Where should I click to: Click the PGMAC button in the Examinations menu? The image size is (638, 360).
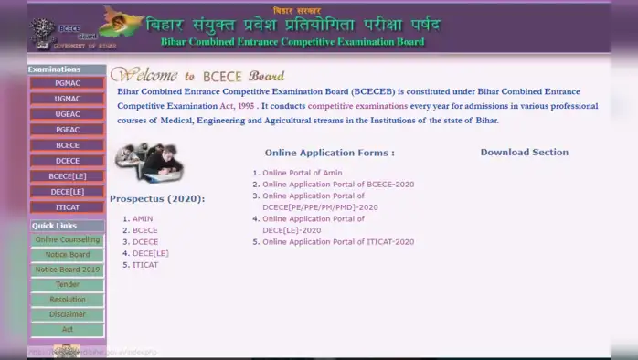click(67, 83)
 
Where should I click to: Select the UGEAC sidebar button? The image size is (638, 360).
click(67, 114)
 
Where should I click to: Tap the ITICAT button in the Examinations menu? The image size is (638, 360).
click(67, 207)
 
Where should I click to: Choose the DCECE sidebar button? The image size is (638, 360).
click(67, 161)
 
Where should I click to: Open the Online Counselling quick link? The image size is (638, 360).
click(67, 239)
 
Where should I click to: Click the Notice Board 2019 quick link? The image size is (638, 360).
click(67, 270)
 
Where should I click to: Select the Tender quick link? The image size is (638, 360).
click(67, 284)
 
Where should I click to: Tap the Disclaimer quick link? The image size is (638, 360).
click(67, 314)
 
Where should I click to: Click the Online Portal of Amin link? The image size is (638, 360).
click(302, 173)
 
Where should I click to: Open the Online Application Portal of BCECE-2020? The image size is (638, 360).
click(337, 185)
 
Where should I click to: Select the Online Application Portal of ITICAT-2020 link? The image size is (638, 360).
click(337, 242)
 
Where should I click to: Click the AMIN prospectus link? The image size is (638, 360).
click(143, 218)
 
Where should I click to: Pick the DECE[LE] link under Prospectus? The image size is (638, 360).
click(150, 253)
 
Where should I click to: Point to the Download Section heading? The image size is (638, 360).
click(524, 153)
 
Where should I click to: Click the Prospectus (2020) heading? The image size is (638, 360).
click(157, 198)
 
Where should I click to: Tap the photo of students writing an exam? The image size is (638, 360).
click(149, 164)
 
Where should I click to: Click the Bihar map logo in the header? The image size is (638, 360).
click(122, 21)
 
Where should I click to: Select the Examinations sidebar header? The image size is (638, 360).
click(55, 69)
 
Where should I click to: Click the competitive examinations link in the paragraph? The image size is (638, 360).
click(357, 106)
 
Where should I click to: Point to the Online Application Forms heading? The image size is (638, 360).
click(329, 153)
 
